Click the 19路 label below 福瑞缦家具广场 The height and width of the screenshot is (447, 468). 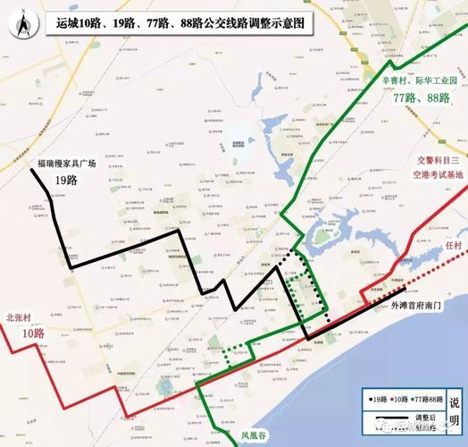(x=67, y=180)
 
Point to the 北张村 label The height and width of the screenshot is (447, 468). (x=20, y=317)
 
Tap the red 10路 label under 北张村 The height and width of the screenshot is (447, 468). (x=33, y=333)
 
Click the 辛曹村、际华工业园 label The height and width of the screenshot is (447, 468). (x=420, y=80)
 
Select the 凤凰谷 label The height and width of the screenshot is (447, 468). (x=254, y=436)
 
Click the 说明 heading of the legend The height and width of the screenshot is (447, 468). (x=455, y=411)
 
